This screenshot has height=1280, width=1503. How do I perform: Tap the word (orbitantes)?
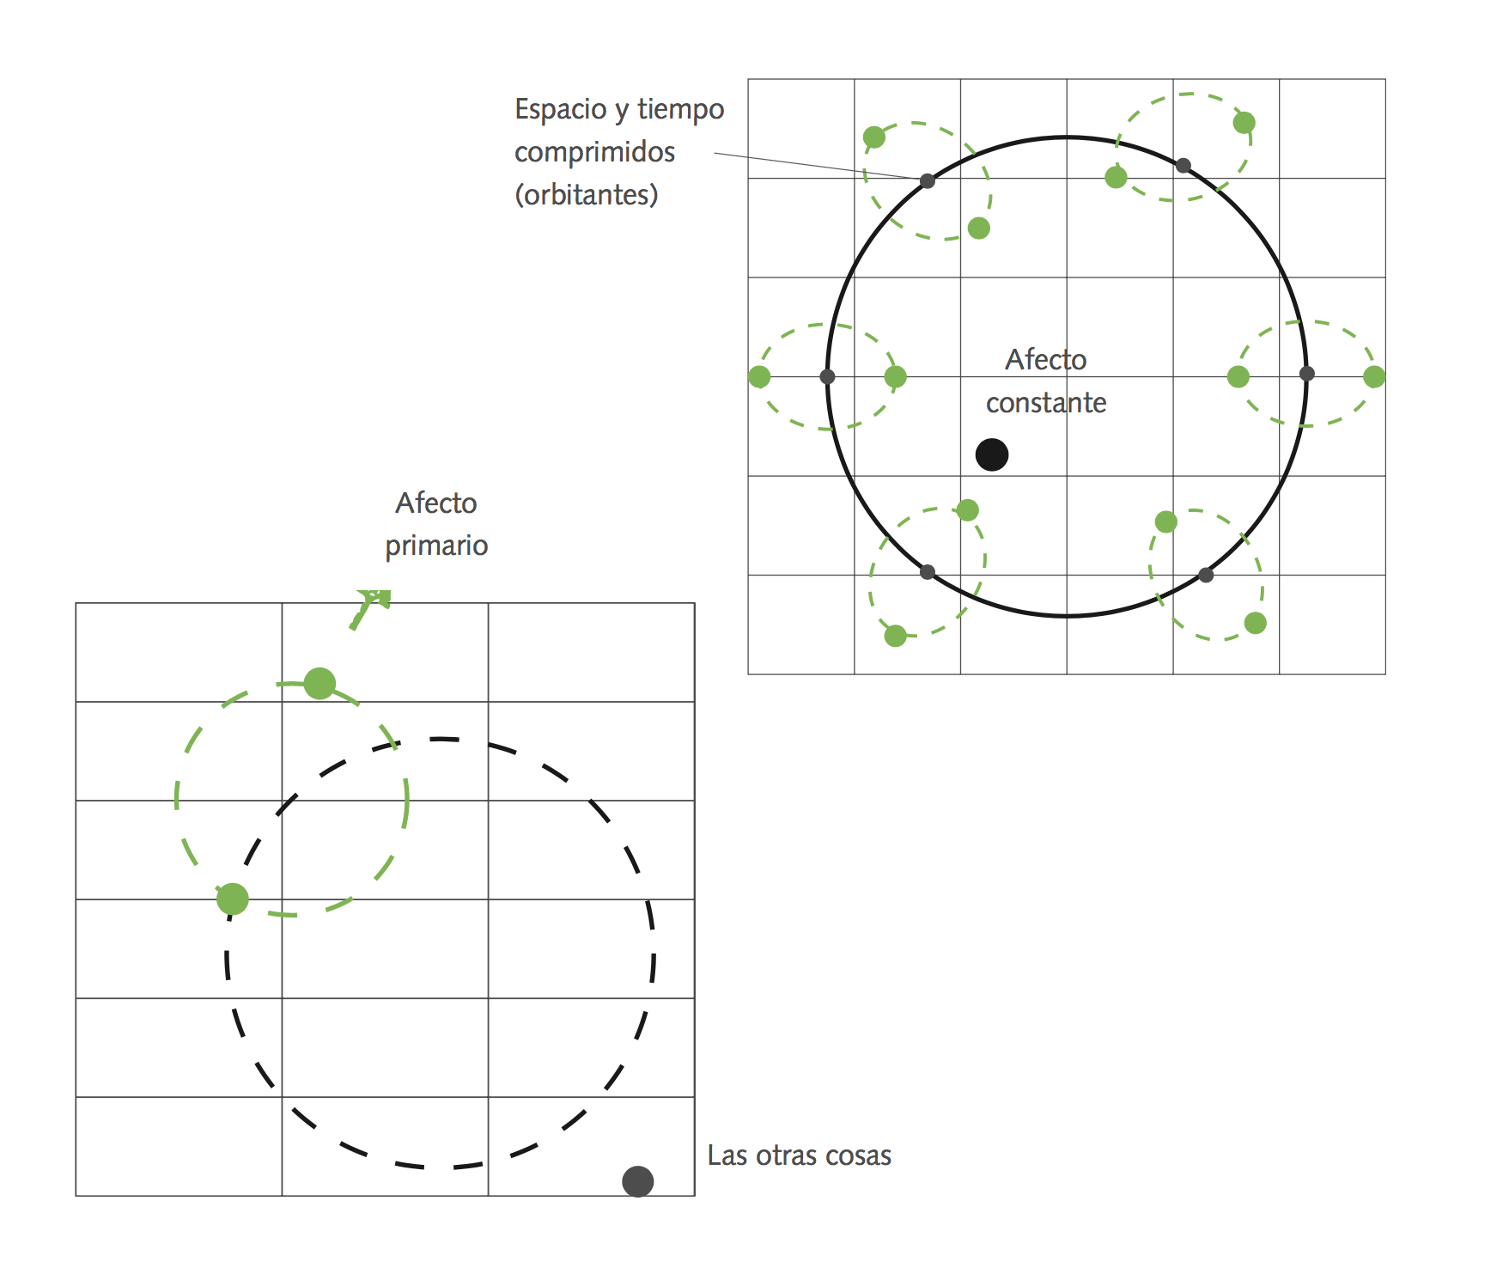click(587, 195)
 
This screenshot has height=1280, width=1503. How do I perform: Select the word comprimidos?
click(594, 152)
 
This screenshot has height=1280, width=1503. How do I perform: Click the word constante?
click(1045, 402)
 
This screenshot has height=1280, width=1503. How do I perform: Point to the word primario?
click(436, 546)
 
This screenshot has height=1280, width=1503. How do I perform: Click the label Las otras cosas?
click(799, 1155)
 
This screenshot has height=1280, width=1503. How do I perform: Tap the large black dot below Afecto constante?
click(992, 454)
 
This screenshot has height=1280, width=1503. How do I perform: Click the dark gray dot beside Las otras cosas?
click(638, 1181)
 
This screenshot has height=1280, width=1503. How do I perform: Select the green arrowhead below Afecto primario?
click(376, 596)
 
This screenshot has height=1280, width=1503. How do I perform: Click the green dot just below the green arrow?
click(319, 684)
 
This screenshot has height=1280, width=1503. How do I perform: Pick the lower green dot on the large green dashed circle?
click(233, 899)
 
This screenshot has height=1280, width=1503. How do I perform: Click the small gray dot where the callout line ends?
click(928, 180)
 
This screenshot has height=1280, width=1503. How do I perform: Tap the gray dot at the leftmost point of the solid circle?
click(827, 376)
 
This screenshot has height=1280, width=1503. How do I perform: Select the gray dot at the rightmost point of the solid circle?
click(1307, 374)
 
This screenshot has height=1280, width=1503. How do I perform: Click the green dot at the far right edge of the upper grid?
click(1374, 376)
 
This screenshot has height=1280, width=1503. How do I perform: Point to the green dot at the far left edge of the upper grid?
click(759, 376)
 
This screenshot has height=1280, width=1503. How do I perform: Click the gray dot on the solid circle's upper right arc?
click(1184, 165)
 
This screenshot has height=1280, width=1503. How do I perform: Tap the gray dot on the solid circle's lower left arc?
click(928, 572)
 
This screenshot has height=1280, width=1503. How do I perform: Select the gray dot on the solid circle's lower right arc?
click(1206, 575)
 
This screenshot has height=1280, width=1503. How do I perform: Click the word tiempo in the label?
click(680, 109)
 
